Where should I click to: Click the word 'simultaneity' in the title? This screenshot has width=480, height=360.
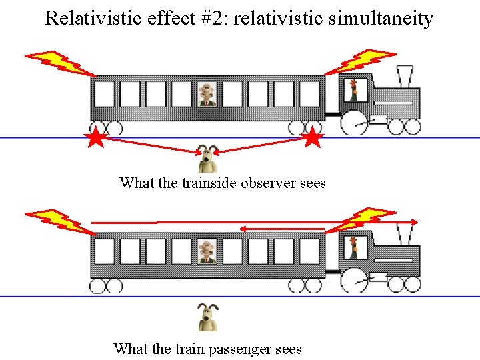point(381,18)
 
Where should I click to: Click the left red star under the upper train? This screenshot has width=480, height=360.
point(97,139)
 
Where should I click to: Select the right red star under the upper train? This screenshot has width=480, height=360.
point(313,139)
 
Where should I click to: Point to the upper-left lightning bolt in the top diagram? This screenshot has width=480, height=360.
point(56,61)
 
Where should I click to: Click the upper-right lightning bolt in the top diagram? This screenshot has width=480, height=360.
point(363,61)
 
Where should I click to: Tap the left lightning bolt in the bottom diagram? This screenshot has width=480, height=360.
point(56,220)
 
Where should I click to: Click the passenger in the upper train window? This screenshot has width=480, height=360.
point(208,94)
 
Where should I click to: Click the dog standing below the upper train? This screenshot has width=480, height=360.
point(209,160)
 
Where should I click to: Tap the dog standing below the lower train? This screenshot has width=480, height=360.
point(208,317)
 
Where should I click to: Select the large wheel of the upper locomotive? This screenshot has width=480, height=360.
point(354,123)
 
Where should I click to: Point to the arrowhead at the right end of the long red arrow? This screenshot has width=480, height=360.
point(415,221)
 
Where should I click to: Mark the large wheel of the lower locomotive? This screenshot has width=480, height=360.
point(354,280)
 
